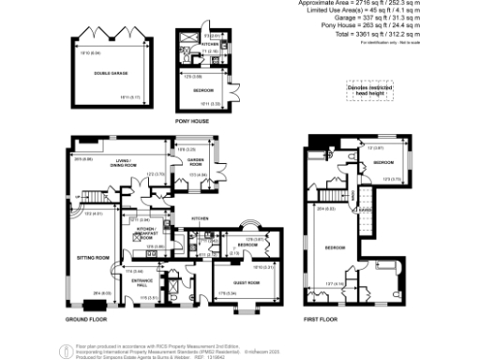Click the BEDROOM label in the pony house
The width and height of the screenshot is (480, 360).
pyautogui.click(x=203, y=90)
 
